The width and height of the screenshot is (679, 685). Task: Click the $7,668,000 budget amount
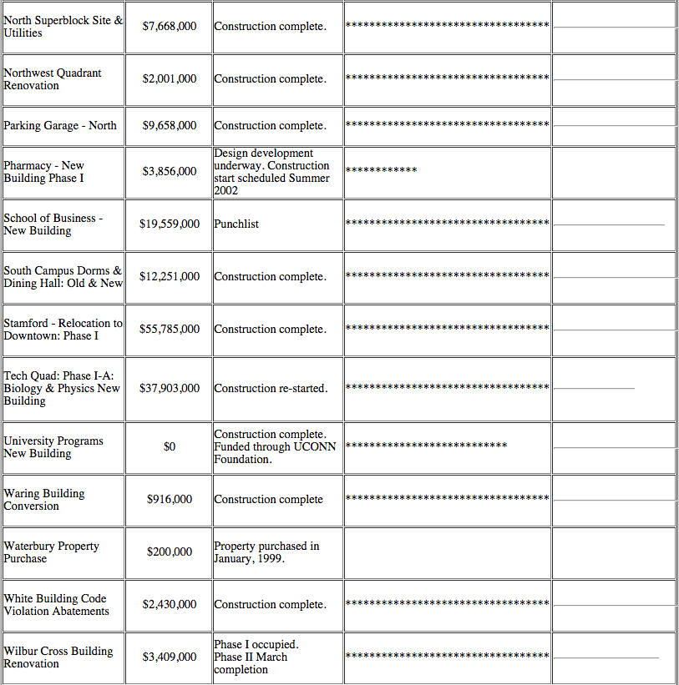[x=170, y=27]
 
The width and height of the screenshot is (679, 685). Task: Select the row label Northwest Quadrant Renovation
[x=53, y=79]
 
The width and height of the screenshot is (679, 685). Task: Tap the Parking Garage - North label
[x=60, y=126]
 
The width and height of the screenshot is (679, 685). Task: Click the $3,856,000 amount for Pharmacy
[x=170, y=172]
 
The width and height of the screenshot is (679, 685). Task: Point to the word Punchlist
[x=236, y=224]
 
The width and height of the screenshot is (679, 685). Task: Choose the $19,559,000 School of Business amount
[x=170, y=224]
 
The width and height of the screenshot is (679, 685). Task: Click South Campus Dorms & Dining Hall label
[x=63, y=277]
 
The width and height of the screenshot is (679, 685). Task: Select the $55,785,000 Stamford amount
[x=170, y=330]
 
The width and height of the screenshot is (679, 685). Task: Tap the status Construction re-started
[x=271, y=389]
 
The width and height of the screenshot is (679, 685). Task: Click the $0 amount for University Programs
[x=170, y=447]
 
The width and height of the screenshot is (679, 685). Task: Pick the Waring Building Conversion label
[x=44, y=500]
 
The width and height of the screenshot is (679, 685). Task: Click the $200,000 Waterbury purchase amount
[x=170, y=552]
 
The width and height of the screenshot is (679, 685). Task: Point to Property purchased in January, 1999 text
[x=266, y=552]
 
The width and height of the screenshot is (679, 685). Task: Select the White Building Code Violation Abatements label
[x=56, y=605]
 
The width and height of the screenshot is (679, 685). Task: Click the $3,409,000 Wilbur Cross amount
[x=170, y=657]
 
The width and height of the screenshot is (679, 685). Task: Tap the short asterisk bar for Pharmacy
[x=381, y=171]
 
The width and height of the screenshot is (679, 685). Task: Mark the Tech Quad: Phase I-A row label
[x=62, y=389]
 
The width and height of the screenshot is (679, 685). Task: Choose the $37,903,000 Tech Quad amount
[x=170, y=389]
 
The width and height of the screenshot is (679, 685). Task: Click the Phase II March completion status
[x=251, y=663]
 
